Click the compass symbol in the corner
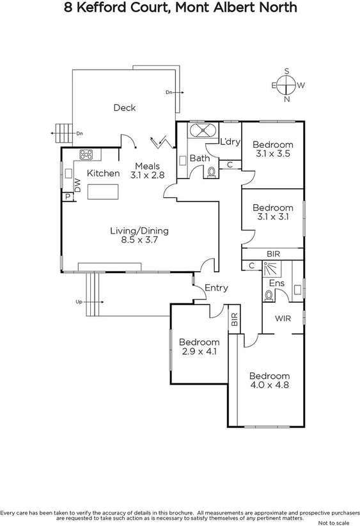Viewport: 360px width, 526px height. [x=287, y=85]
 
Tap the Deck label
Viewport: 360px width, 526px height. [x=124, y=108]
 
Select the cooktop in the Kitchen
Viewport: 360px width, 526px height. [x=87, y=154]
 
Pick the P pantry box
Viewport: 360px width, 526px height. [x=67, y=196]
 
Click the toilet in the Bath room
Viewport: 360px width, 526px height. [x=212, y=171]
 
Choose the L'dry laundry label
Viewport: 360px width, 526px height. [x=230, y=141]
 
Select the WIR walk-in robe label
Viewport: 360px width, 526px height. [x=284, y=317]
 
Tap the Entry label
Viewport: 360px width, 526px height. [x=216, y=288]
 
